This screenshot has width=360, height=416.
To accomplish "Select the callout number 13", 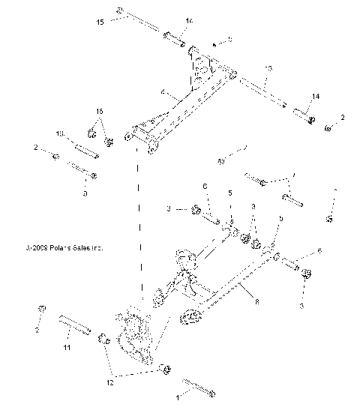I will (x=267, y=70).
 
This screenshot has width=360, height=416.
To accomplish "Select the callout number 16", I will (x=98, y=111).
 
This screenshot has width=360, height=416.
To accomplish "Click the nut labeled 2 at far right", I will (x=329, y=128).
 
